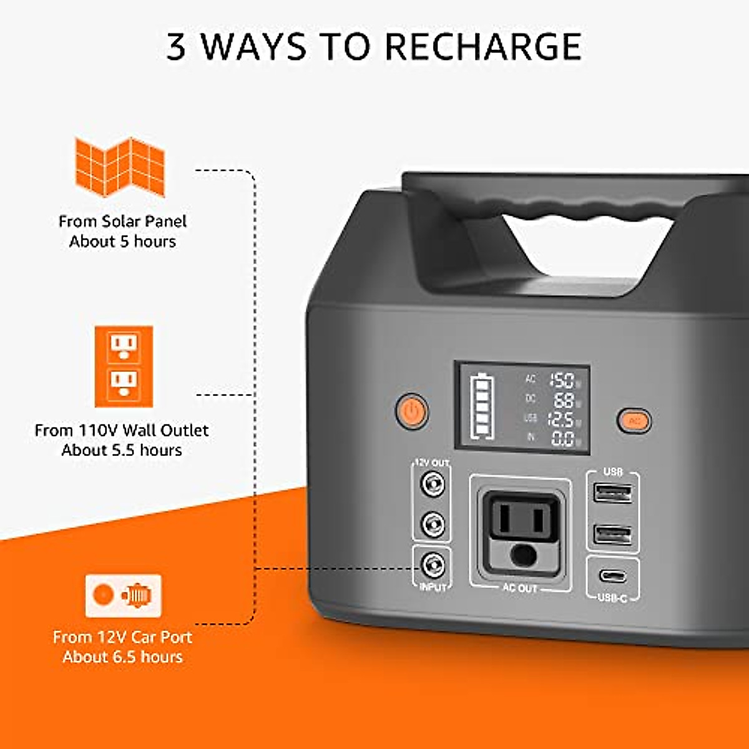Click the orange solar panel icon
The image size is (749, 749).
pyautogui.click(x=120, y=167)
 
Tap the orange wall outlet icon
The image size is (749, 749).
pyautogui.click(x=124, y=366)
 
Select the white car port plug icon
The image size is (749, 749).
pyautogui.click(x=124, y=595)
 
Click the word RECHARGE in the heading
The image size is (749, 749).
pyautogui.click(x=482, y=47)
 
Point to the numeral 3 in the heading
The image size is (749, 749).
pyautogui.click(x=177, y=47)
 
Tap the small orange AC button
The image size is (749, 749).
pyautogui.click(x=634, y=421)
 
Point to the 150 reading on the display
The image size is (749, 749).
pyautogui.click(x=562, y=379)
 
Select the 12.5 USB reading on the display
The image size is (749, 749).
pyautogui.click(x=561, y=419)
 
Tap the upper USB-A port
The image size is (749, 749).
pyautogui.click(x=613, y=494)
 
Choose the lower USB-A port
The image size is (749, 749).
pyautogui.click(x=613, y=535)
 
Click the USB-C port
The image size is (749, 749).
pyautogui.click(x=613, y=575)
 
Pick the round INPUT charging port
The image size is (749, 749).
pyautogui.click(x=433, y=565)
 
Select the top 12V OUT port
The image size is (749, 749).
pyautogui.click(x=433, y=484)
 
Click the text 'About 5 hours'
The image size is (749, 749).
pyautogui.click(x=122, y=242)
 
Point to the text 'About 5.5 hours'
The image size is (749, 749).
pyautogui.click(x=122, y=450)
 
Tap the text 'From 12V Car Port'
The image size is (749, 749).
pyautogui.click(x=122, y=637)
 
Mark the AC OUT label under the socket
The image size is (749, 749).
pyautogui.click(x=519, y=588)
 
